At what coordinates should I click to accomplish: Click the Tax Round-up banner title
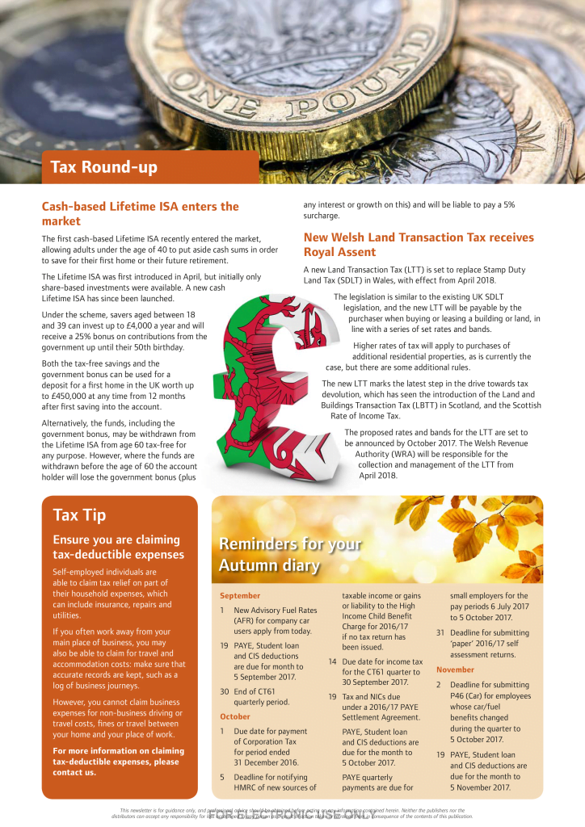coord(103,167)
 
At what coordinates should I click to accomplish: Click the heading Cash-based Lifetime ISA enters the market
coord(140,213)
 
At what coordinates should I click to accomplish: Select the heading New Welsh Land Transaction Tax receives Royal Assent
coord(418,244)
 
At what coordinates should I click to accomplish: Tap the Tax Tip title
coord(79,514)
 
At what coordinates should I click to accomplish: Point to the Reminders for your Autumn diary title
coord(290,554)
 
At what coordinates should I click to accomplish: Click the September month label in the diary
coord(240,595)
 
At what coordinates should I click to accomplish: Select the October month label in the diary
coord(235,716)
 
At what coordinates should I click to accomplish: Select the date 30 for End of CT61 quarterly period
coord(224,691)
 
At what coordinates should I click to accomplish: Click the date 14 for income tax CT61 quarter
coord(332,661)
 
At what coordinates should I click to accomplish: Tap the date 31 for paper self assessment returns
coord(440,632)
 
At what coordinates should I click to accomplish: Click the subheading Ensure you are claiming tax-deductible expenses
coord(118,547)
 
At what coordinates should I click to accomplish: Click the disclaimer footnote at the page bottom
coord(292,813)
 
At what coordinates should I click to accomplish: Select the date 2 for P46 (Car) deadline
coord(439,685)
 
